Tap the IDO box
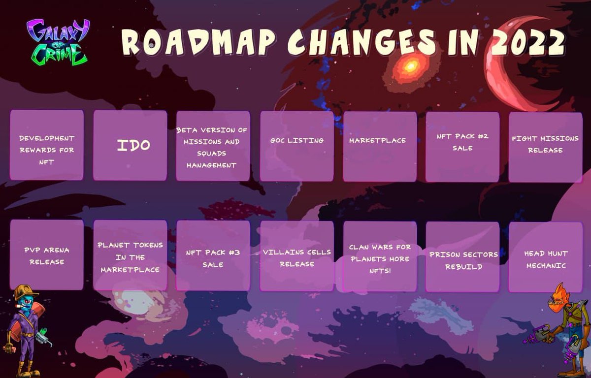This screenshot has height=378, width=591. pos(130,145)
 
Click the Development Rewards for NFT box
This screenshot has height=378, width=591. pos(47,145)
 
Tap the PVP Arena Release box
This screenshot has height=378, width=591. pos(47,254)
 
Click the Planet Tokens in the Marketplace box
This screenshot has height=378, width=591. pos(130,255)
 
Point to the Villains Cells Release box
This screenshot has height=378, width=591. pos(296,256)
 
